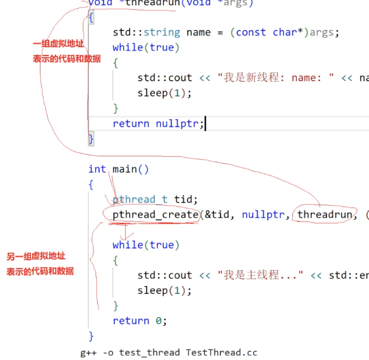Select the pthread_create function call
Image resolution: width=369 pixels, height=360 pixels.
click(x=155, y=215)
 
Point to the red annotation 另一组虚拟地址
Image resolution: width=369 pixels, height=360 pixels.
click(x=36, y=257)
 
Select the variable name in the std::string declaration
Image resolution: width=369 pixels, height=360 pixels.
click(x=198, y=32)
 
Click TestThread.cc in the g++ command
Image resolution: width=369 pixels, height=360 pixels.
click(x=221, y=352)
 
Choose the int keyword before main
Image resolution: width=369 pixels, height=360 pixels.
click(x=97, y=169)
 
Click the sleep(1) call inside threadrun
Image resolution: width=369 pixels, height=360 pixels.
click(x=164, y=93)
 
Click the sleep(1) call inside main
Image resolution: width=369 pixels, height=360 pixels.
click(x=164, y=290)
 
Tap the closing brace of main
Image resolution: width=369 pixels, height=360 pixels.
click(x=91, y=336)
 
